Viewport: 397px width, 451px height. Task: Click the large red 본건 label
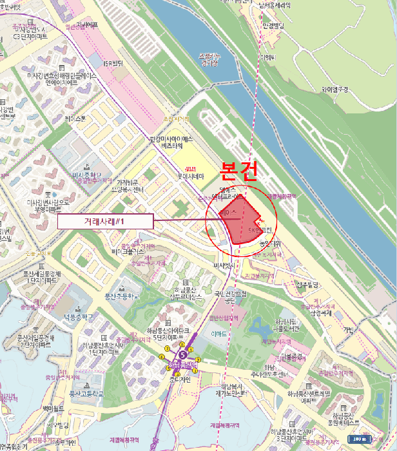point(239,171)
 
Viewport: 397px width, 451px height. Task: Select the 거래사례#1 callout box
point(104,222)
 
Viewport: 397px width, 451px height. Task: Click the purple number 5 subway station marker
point(183,354)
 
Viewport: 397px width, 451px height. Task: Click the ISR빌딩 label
point(113,62)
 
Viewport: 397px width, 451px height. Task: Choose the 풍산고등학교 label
point(86,392)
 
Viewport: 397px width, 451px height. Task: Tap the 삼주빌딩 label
point(307,284)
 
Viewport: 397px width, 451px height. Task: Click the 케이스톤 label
point(75,119)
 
